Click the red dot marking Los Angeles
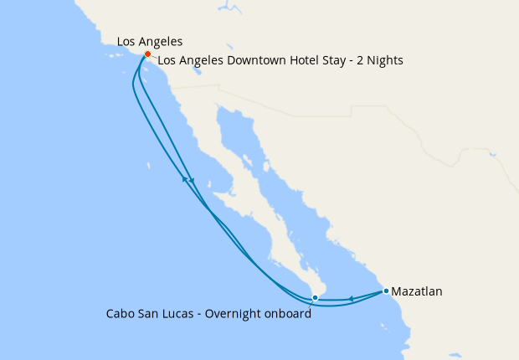pos(147,54)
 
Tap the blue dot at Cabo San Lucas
pos(315,297)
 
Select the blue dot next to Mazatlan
pos(386,291)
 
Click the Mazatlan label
pos(417,292)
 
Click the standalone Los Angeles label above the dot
pos(150,41)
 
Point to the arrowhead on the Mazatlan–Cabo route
pos(351,299)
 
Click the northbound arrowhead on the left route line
pos(184,178)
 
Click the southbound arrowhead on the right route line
pos(193,182)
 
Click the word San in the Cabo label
pos(152,315)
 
